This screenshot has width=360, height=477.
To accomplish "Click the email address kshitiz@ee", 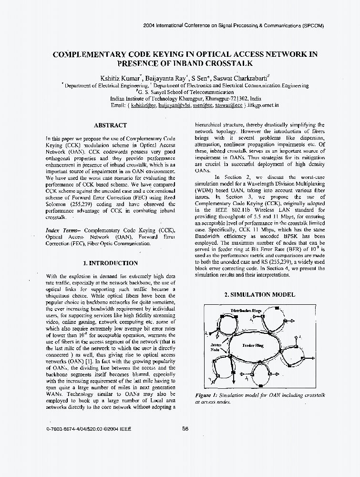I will coord(143,104).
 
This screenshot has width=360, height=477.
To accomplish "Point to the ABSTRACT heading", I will coord(110,125).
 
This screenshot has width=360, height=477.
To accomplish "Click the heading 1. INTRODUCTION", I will coord(110,263).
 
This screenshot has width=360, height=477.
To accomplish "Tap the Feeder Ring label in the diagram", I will coord(253,345).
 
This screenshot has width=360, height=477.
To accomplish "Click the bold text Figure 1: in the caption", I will coord(206,395).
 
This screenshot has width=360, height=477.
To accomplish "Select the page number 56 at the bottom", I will coord(185,428).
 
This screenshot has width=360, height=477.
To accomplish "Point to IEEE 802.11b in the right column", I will coord(235,209).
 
